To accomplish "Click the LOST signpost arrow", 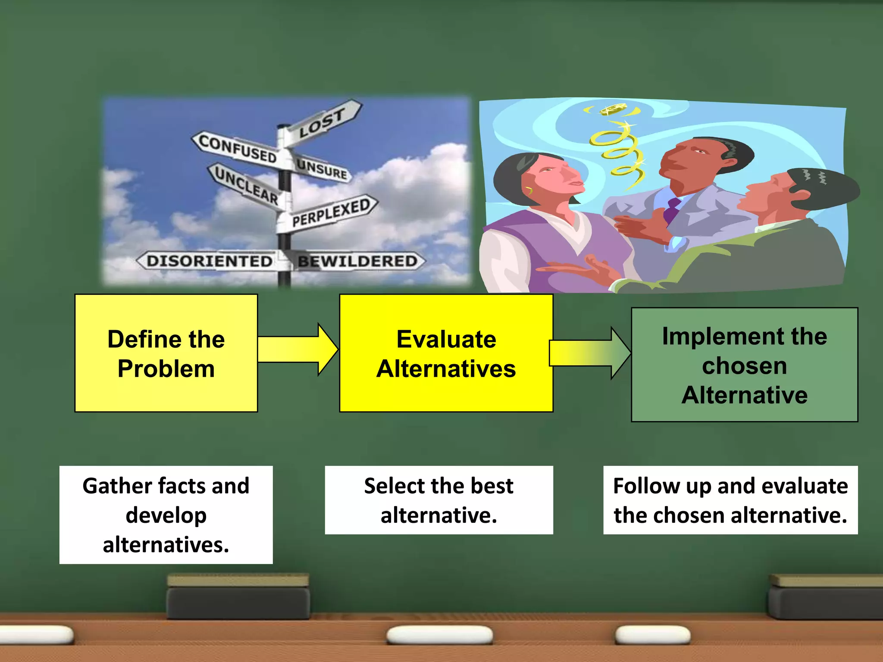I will (x=323, y=122).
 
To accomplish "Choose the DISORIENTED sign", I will (x=209, y=261).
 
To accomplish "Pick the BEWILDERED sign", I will (x=358, y=261).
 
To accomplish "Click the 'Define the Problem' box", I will (x=166, y=353).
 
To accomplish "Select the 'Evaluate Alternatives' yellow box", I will (x=446, y=353).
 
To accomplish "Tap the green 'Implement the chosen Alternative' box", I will (x=744, y=365).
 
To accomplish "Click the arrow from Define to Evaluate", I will (x=297, y=349).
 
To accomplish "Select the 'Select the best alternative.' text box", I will (x=438, y=500).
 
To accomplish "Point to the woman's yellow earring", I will (x=529, y=190).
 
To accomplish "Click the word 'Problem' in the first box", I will (x=166, y=369).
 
